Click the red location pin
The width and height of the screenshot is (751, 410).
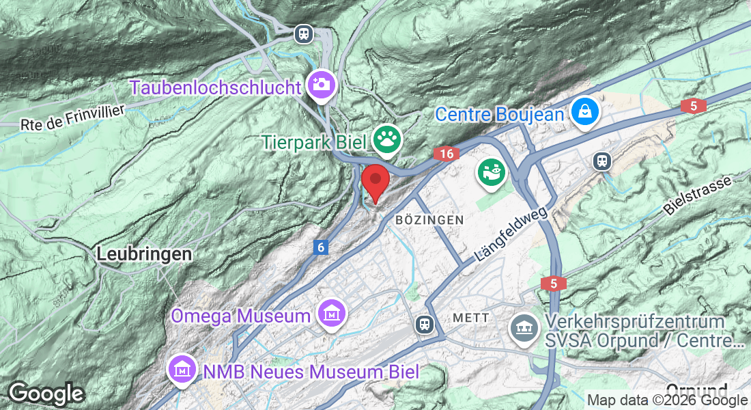[x=375, y=181]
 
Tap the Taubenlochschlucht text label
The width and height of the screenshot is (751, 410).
[x=215, y=87]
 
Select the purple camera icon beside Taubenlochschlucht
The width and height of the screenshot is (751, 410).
[x=320, y=84]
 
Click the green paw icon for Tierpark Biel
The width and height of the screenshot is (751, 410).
[x=387, y=141]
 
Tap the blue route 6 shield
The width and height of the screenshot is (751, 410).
[x=321, y=247]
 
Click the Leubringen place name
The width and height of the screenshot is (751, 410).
[x=144, y=254]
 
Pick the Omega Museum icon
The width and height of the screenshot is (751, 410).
[x=332, y=314]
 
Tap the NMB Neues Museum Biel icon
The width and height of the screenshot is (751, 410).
[x=182, y=370]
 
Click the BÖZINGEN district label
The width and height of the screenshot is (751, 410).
[x=429, y=220]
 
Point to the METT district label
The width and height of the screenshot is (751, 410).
[x=471, y=318]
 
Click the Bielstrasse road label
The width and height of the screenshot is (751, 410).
[x=697, y=195]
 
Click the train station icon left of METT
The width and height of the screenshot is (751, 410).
[x=425, y=323]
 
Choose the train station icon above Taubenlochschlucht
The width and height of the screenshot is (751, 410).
[x=304, y=33]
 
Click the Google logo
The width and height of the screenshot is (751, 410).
[x=46, y=394]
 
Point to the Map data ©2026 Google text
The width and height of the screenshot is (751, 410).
[x=667, y=400]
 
